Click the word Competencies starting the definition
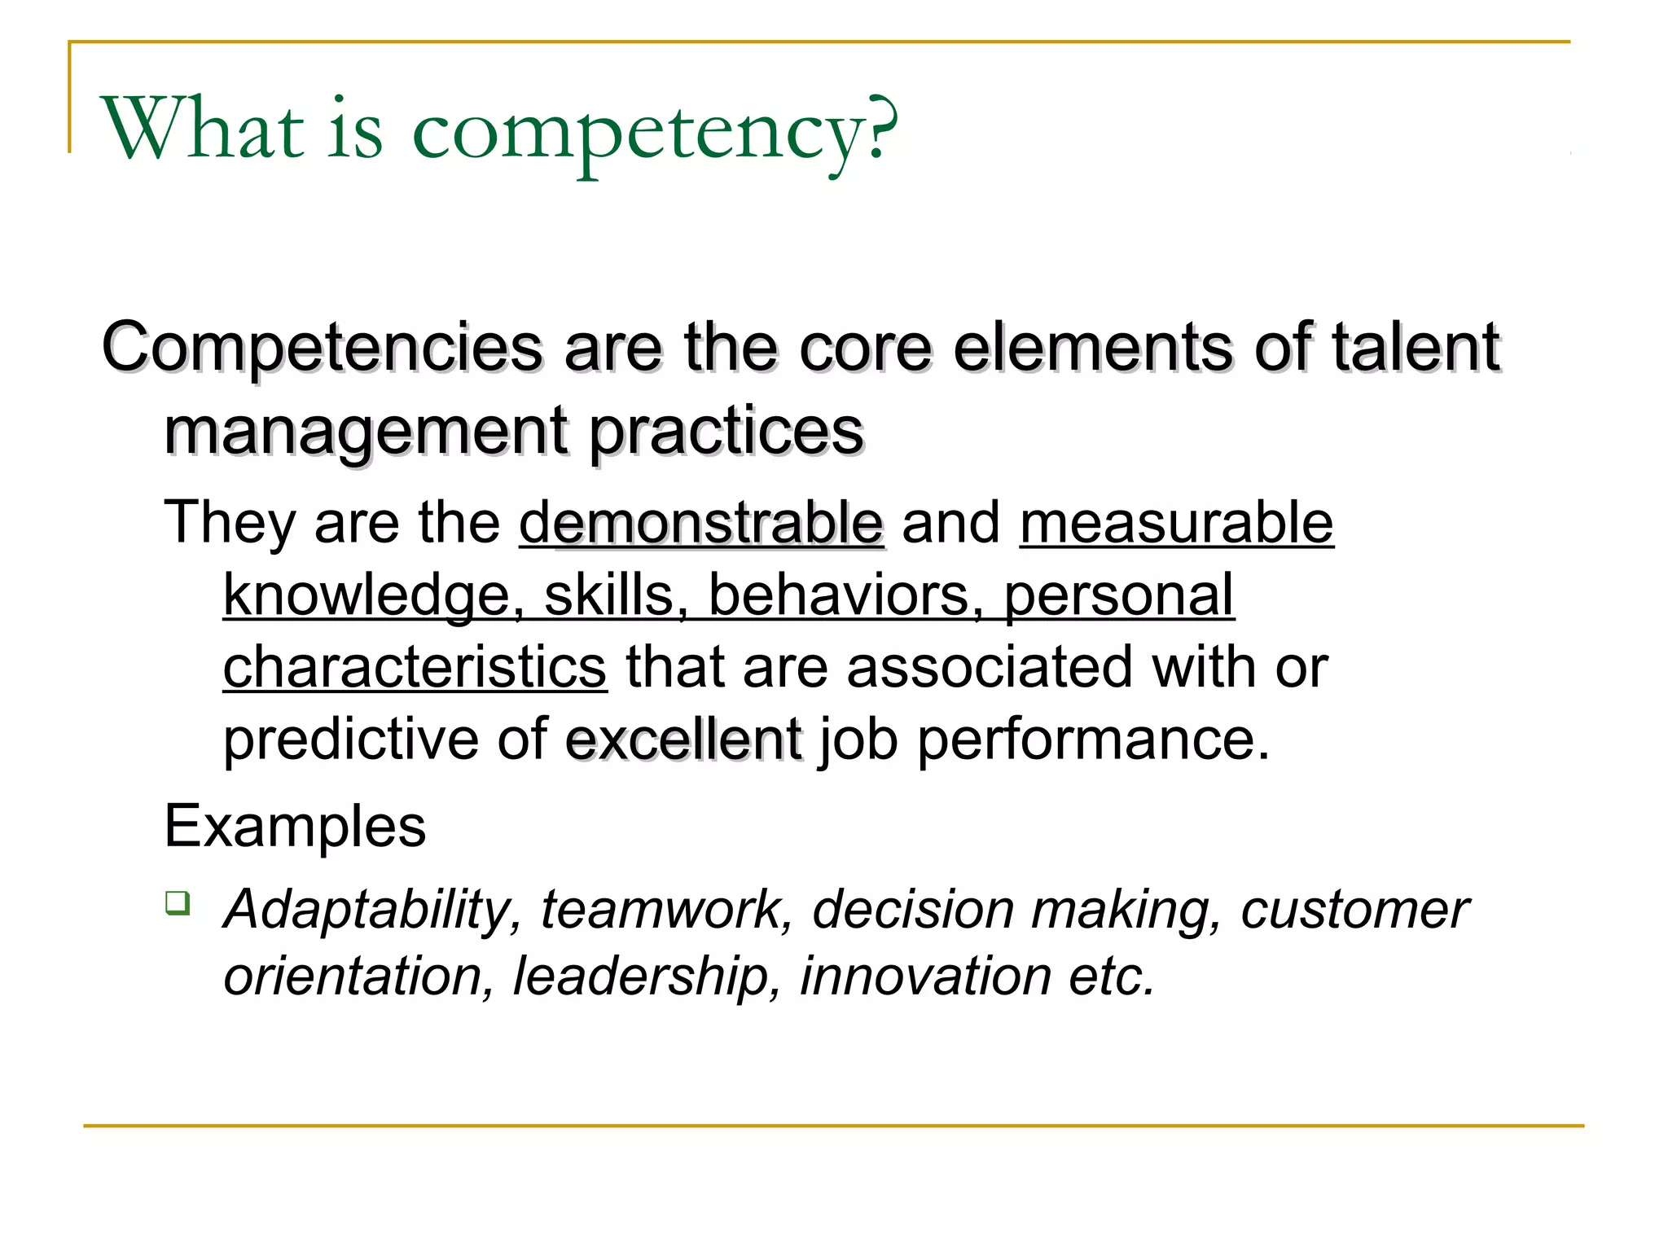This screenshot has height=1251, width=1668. (x=322, y=349)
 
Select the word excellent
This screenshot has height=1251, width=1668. (x=683, y=740)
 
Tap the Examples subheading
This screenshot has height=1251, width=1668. (x=295, y=827)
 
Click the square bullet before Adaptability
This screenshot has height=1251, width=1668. (x=178, y=903)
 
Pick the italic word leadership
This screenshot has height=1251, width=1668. (x=640, y=976)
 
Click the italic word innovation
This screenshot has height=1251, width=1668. (x=925, y=976)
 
